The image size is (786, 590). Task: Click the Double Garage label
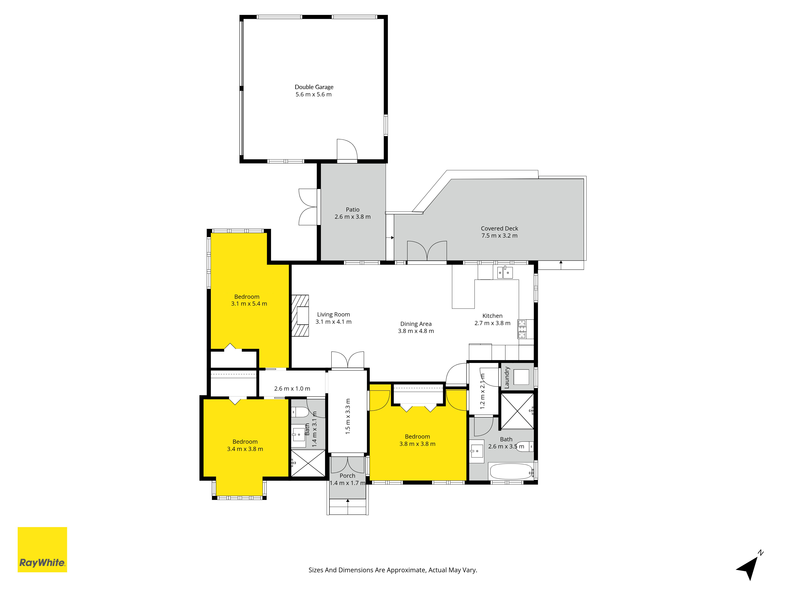tap(314, 87)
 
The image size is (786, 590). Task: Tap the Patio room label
tap(353, 209)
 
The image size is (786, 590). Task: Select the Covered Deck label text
tap(499, 228)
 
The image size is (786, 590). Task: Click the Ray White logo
tap(42, 549)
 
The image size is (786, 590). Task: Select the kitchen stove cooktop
tap(522, 329)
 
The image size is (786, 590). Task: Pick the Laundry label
tap(507, 377)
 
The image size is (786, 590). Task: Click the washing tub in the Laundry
tap(521, 377)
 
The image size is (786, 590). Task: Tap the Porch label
tap(347, 476)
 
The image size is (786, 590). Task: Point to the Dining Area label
tap(416, 324)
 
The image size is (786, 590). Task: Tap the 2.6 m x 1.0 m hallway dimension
tap(292, 388)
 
